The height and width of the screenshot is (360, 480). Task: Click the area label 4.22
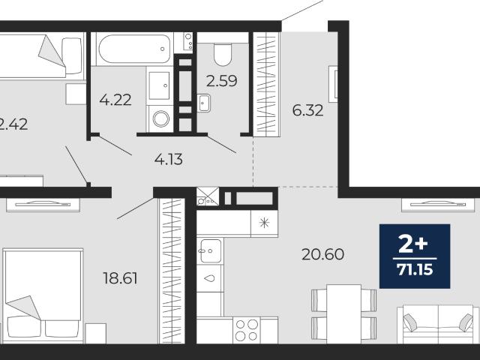click(115, 100)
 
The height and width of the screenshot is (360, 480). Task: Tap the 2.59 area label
click(222, 81)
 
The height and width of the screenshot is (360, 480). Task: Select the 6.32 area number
click(307, 110)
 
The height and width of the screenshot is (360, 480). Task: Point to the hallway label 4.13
click(169, 160)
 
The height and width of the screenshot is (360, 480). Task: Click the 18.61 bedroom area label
click(120, 278)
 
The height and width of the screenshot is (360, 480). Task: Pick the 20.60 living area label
click(322, 254)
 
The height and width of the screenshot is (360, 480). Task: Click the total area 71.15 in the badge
click(415, 270)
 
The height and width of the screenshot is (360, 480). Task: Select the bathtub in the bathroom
click(134, 49)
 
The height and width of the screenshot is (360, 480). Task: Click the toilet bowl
click(223, 55)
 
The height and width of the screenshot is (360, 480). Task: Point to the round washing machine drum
click(161, 118)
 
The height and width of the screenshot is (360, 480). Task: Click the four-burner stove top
click(247, 330)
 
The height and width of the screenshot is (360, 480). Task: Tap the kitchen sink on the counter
click(211, 251)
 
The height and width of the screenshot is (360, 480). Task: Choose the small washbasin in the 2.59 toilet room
click(203, 103)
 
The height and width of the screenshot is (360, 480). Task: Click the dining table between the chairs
click(343, 314)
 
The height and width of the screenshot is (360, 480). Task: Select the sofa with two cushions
click(438, 325)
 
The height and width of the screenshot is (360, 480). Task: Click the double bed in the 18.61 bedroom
click(43, 296)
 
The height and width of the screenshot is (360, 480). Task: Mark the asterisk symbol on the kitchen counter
click(264, 223)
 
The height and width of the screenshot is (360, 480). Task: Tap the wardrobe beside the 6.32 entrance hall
click(266, 84)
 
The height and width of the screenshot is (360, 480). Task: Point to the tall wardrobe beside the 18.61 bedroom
click(172, 271)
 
